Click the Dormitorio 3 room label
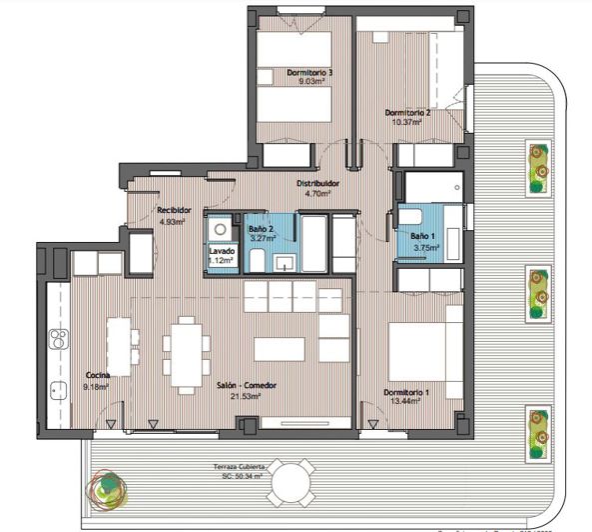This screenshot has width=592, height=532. click(x=309, y=73)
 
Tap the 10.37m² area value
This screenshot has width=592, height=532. click(x=407, y=122)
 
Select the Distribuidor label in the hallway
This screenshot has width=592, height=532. click(x=318, y=184)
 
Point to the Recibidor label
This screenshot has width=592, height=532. click(x=175, y=210)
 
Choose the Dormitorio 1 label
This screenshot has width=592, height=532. click(x=406, y=392)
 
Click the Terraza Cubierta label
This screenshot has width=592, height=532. click(x=240, y=467)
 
